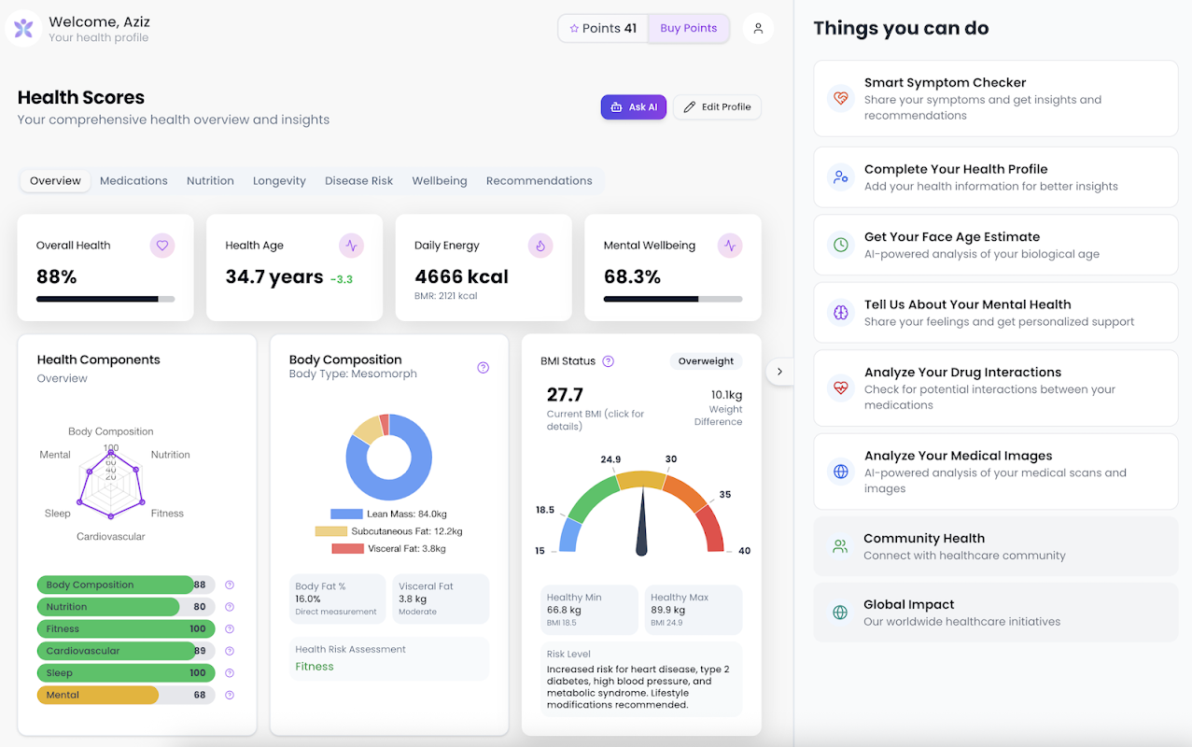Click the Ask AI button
634,107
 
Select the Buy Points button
688,28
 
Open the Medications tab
133,181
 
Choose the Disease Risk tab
358,181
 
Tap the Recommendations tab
539,181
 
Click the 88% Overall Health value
57,277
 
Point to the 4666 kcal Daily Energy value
461,277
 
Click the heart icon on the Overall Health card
162,246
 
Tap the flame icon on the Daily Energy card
540,246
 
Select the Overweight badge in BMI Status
706,361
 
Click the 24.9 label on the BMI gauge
610,459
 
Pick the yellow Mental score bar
98,695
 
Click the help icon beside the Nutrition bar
230,607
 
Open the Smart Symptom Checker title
945,83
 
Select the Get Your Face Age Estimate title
951,237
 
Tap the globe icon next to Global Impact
840,613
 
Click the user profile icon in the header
758,28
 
